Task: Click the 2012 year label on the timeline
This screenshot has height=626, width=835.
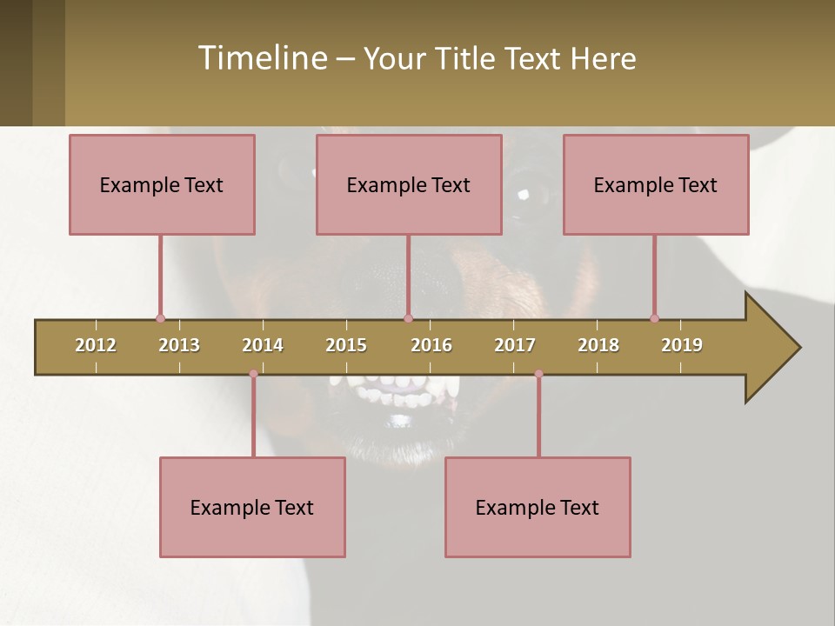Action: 96,345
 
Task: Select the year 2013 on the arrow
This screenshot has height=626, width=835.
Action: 179,345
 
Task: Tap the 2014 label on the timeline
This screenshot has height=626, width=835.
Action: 263,345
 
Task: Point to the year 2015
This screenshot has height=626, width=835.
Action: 346,345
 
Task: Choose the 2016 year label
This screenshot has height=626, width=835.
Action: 431,345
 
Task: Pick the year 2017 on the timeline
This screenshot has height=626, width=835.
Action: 515,345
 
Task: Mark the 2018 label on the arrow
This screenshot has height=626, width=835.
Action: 598,345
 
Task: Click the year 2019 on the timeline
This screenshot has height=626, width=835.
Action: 682,345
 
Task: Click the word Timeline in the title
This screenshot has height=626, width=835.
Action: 262,58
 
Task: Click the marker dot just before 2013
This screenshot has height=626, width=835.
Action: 160,318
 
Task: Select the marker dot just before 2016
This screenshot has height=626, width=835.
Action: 409,318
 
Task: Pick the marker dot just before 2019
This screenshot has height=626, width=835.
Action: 654,318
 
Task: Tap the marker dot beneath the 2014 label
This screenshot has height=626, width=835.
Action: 253,374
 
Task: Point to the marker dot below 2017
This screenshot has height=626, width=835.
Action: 538,374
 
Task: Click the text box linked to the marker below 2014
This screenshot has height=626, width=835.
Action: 252,507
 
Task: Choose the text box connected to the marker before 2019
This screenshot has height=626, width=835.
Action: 656,184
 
